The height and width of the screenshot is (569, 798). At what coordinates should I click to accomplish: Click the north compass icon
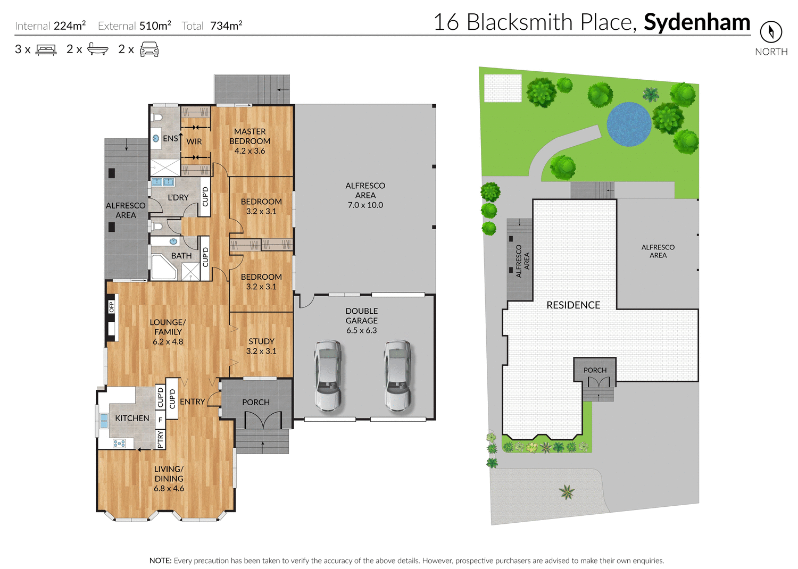[x=770, y=32]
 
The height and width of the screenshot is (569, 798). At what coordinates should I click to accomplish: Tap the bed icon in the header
[x=46, y=50]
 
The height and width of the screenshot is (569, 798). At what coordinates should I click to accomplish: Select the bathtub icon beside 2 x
[x=98, y=49]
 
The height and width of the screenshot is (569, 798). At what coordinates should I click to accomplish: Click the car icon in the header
[x=149, y=50]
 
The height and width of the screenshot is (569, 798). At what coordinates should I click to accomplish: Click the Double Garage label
[x=361, y=316]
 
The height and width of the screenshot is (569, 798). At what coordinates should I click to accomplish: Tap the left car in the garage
[x=327, y=375]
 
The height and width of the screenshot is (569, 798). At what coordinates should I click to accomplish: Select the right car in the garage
[x=397, y=375]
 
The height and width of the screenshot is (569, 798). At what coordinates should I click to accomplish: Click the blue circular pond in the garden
[x=629, y=124]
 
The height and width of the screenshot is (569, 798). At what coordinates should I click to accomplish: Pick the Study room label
[x=261, y=341]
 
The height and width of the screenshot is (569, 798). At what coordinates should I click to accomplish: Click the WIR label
[x=194, y=142]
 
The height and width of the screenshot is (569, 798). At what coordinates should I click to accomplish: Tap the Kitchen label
[x=132, y=419]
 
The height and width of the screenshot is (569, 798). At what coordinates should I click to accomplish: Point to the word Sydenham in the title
[x=696, y=22]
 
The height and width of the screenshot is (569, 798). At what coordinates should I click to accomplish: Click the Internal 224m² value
[x=70, y=26]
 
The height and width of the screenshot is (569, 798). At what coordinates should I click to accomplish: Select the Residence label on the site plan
[x=573, y=305]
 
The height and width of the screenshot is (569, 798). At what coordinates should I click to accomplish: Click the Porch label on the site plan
[x=595, y=370]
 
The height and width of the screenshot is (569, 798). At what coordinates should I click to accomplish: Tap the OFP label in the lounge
[x=112, y=307]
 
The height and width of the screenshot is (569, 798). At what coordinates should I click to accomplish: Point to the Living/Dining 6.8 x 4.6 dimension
[x=169, y=489]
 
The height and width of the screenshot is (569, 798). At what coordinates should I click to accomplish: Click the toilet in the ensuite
[x=157, y=117]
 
